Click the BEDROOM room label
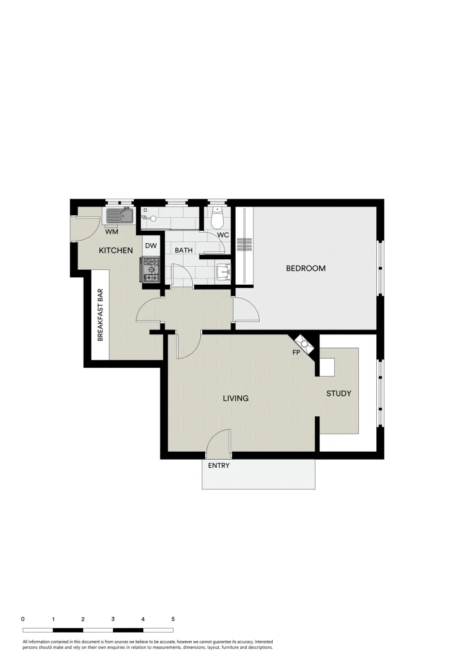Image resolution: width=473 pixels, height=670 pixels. (x=306, y=269)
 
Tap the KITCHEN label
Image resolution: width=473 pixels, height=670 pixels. (x=116, y=251)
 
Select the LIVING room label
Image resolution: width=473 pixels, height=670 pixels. (x=236, y=398)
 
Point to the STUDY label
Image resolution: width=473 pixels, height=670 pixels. (x=338, y=393)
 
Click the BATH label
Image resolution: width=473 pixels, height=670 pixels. (x=183, y=251)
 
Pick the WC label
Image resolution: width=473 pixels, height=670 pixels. (x=223, y=235)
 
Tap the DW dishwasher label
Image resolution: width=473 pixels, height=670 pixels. (x=151, y=246)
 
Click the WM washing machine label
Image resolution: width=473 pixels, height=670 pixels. (x=112, y=233)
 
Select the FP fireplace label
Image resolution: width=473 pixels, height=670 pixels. (x=297, y=352)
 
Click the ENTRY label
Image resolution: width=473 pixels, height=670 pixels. (x=218, y=465)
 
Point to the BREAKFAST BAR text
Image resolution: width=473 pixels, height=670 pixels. (x=100, y=315)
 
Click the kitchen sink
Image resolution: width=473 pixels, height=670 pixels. (x=120, y=215)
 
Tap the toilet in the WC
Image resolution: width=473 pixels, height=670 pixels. (x=217, y=218)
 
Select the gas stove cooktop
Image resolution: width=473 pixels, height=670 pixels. (x=151, y=270)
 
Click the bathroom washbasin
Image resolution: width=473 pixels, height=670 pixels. (x=224, y=270)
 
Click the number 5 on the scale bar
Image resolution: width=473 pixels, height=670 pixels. (x=173, y=619)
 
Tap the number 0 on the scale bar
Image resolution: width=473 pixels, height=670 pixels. (x=23, y=619)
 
